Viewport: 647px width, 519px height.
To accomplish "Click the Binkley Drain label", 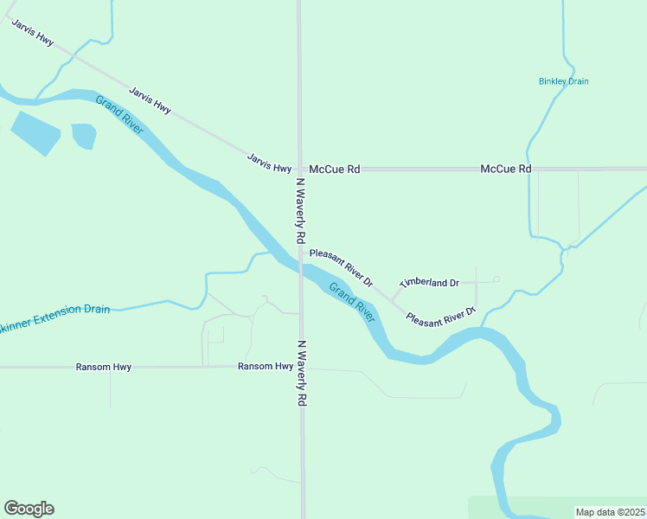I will [x=563, y=81].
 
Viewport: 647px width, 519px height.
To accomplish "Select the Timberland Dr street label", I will [x=428, y=283].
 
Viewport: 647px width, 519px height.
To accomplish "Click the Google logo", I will [x=29, y=509].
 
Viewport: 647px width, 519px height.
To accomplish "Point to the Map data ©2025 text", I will [x=611, y=512].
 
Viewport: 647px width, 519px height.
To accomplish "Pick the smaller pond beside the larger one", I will [x=83, y=135].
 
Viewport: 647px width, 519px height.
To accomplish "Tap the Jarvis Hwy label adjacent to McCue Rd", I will [x=269, y=163].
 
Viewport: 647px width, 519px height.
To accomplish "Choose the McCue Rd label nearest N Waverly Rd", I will [x=334, y=170].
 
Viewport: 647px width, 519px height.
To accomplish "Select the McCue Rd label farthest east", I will [x=505, y=170].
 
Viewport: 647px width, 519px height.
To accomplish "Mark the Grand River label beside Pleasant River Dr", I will [x=352, y=302].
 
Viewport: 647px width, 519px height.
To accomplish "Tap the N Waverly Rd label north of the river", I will [x=301, y=210].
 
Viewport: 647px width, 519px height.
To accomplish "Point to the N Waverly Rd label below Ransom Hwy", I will [x=302, y=373].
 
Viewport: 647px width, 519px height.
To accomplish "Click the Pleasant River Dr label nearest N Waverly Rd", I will [x=341, y=267].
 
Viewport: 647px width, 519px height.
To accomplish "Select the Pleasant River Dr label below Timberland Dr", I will [x=441, y=316].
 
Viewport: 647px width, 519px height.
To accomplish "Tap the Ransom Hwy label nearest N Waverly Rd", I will [x=266, y=367].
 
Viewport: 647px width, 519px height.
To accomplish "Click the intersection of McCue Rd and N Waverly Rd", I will [x=300, y=170].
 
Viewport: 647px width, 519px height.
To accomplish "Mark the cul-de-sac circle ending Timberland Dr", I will [x=496, y=279].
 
